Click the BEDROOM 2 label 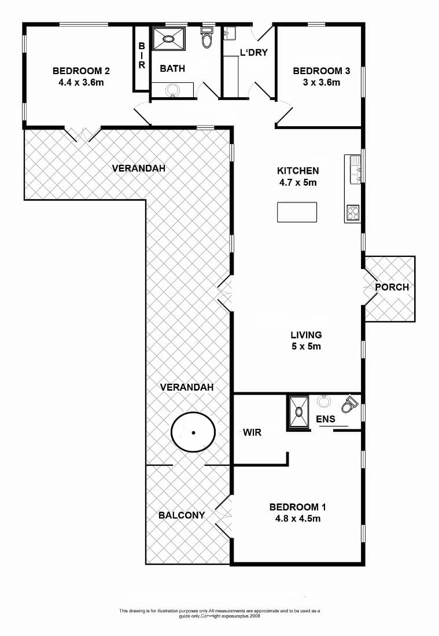click(x=81, y=71)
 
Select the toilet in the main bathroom click(x=206, y=37)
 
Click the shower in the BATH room click(x=168, y=39)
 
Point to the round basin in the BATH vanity click(x=173, y=90)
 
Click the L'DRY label click(x=254, y=52)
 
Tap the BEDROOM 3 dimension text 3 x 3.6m click(x=322, y=82)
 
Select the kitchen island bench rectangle click(x=297, y=212)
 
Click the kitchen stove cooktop click(x=353, y=213)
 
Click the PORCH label click(x=392, y=287)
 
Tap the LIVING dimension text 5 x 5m click(x=306, y=347)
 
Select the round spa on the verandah click(x=193, y=432)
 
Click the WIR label click(x=252, y=432)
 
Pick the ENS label click(x=326, y=419)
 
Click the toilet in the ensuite click(x=349, y=404)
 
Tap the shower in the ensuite click(x=299, y=411)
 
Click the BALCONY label click(x=182, y=515)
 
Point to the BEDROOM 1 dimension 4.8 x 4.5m click(x=298, y=519)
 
